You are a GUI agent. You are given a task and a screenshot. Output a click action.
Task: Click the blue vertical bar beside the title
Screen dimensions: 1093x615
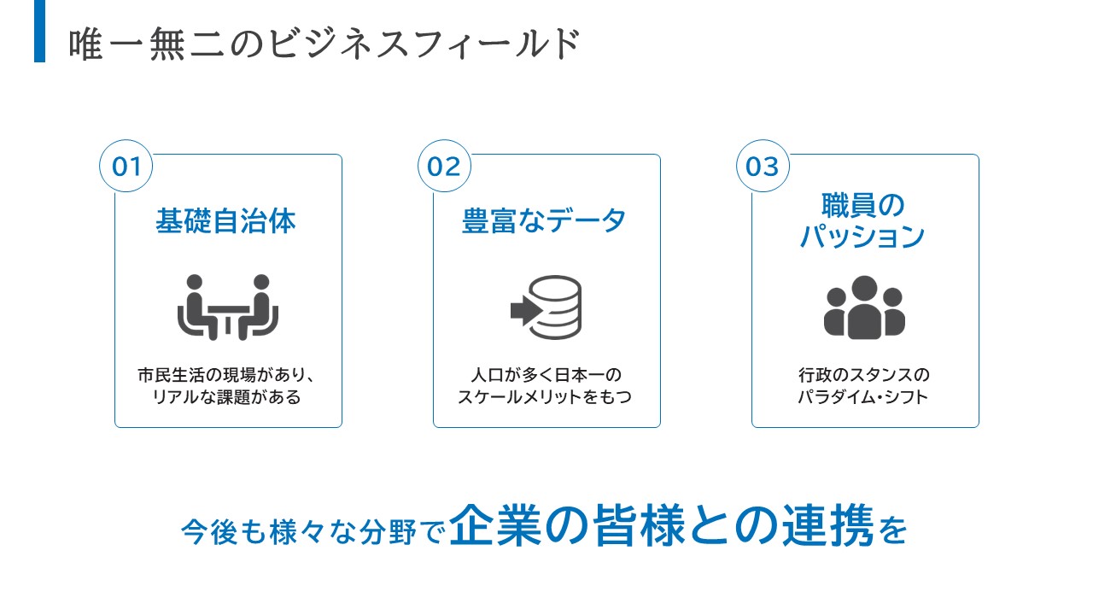coord(39,31)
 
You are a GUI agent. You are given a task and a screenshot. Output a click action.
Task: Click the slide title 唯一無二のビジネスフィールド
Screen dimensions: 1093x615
coord(324,44)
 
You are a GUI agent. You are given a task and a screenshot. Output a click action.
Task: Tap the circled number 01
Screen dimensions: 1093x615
coord(126,166)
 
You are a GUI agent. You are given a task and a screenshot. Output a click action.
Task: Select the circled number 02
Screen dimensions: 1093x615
coord(444,166)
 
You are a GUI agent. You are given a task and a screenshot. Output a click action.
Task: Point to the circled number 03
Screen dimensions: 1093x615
coord(763,166)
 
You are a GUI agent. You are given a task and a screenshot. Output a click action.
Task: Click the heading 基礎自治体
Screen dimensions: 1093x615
coord(226,221)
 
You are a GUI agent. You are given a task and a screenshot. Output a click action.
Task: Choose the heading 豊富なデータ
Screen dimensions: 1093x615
coord(544,221)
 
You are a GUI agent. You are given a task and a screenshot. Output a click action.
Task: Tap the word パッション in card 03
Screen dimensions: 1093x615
coord(862,237)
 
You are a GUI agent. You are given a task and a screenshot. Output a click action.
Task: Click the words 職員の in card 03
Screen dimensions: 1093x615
coord(863,205)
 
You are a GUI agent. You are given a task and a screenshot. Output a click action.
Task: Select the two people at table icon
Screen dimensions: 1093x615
coord(228,307)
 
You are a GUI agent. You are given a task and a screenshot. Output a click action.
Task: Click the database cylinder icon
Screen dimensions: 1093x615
coord(555,307)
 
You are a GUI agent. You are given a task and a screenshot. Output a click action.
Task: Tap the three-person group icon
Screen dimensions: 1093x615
coord(864,307)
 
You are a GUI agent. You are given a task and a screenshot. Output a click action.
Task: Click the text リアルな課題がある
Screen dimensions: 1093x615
coord(227,397)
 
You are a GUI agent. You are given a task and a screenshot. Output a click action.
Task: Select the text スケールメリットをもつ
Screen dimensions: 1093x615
coord(545,397)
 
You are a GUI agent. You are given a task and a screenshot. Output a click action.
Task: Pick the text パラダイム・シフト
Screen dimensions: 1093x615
coord(862,397)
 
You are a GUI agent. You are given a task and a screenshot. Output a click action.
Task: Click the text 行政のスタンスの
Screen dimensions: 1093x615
coord(864,375)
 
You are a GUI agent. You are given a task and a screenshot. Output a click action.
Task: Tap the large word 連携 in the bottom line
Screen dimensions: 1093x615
coord(827,525)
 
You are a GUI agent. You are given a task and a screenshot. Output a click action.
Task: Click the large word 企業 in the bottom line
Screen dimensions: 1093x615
coord(494,525)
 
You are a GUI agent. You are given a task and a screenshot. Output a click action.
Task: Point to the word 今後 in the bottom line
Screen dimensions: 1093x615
coord(210,532)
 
